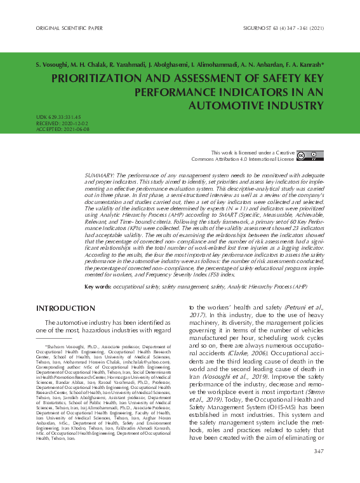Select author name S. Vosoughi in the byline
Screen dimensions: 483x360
[x=53, y=65]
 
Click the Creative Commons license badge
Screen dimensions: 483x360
[x=310, y=156]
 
